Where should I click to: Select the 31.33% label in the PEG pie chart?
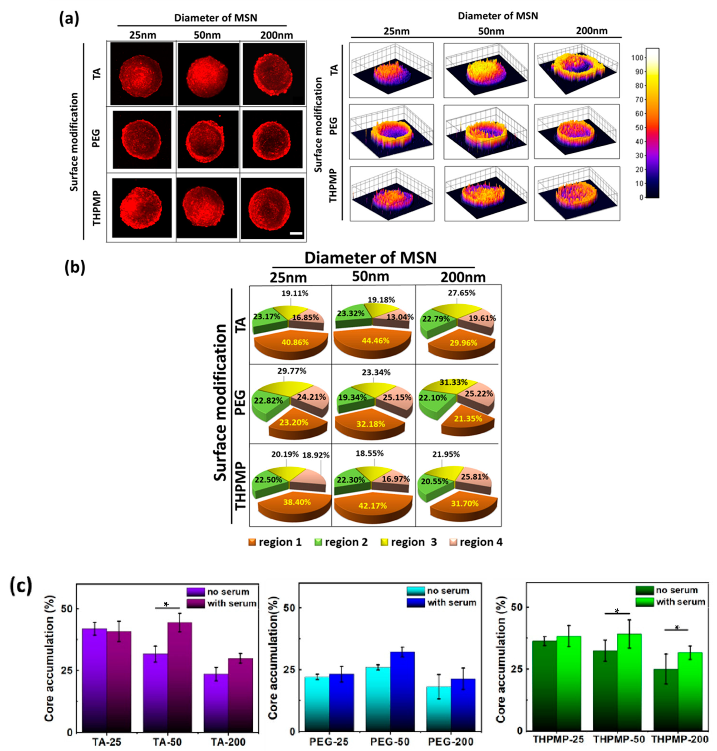click(453, 382)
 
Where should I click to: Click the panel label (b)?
click(75, 267)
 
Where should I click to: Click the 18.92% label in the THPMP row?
click(316, 455)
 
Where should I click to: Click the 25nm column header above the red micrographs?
click(142, 35)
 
